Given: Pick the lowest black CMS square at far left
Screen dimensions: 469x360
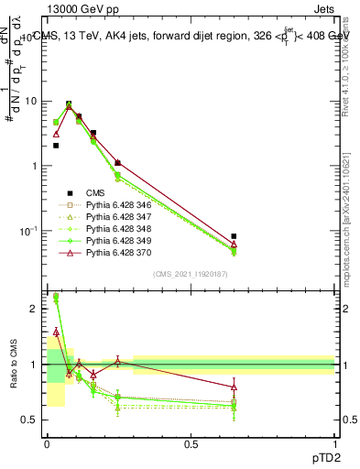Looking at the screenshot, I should (x=56, y=146).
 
